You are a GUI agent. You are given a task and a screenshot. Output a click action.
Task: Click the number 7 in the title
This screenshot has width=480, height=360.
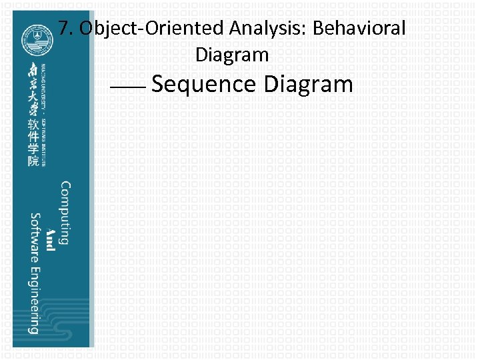pyautogui.click(x=63, y=29)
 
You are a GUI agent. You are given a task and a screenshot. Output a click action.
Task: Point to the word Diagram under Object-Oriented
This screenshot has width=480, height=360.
pyautogui.click(x=231, y=55)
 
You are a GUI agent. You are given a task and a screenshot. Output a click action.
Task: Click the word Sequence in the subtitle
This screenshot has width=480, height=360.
pyautogui.click(x=204, y=85)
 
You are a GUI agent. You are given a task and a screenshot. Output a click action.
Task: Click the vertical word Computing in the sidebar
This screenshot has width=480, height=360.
pyautogui.click(x=64, y=213)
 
